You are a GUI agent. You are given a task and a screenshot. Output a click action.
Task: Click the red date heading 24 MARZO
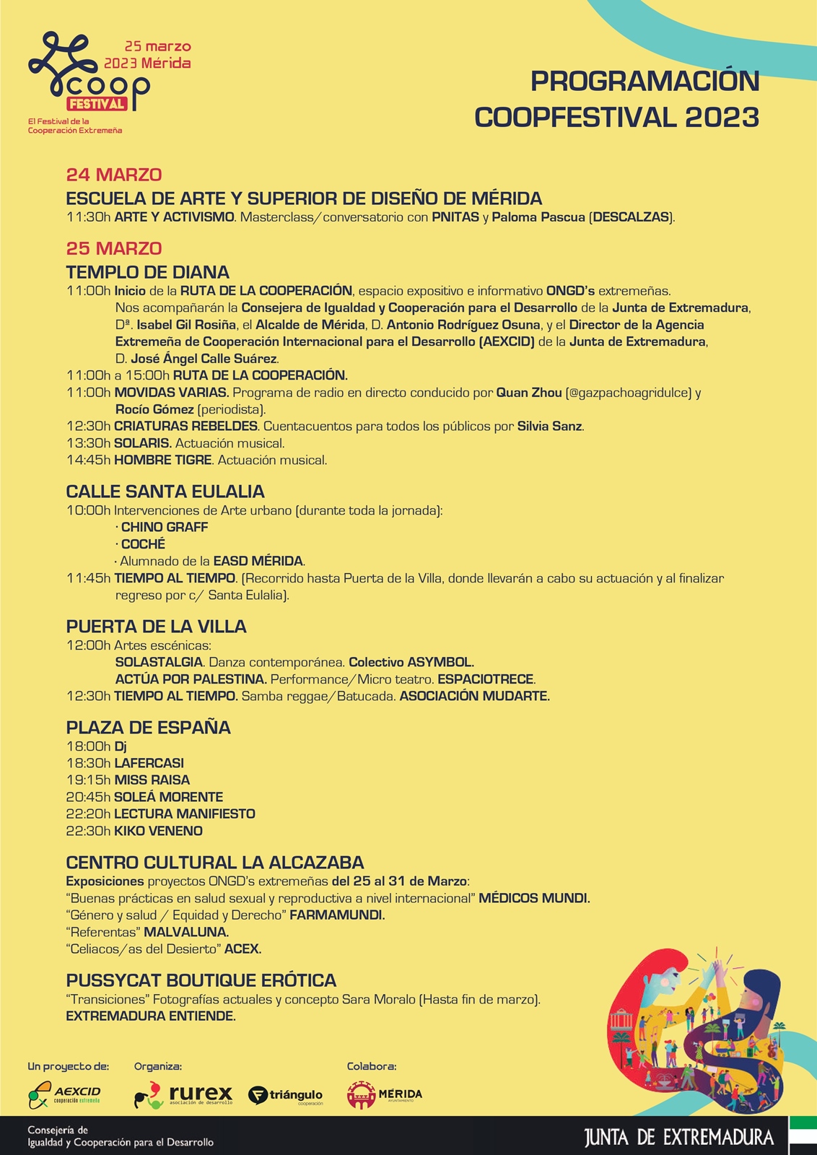(x=114, y=175)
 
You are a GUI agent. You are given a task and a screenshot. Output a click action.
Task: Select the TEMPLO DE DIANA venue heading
(x=148, y=272)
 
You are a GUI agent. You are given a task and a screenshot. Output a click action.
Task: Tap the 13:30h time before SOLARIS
(x=88, y=443)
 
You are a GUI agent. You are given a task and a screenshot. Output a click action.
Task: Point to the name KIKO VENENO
(x=158, y=831)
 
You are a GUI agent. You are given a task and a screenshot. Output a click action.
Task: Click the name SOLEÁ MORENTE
(x=168, y=797)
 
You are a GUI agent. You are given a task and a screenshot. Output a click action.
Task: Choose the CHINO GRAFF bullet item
(x=164, y=527)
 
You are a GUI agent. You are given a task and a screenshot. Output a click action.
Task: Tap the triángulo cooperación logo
(x=286, y=1096)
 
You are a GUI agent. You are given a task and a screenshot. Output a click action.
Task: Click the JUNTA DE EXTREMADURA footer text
(x=679, y=1138)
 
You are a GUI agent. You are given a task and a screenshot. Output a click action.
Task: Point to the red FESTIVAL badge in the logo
(x=97, y=104)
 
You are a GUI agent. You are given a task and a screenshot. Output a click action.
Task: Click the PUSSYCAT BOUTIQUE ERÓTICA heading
(x=201, y=980)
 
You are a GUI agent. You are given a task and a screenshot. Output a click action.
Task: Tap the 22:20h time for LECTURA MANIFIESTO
(x=88, y=814)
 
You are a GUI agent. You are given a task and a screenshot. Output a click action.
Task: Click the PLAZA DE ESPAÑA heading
(x=149, y=727)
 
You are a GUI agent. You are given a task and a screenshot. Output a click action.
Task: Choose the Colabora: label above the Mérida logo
(x=372, y=1066)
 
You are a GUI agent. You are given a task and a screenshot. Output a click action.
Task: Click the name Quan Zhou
(x=529, y=393)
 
